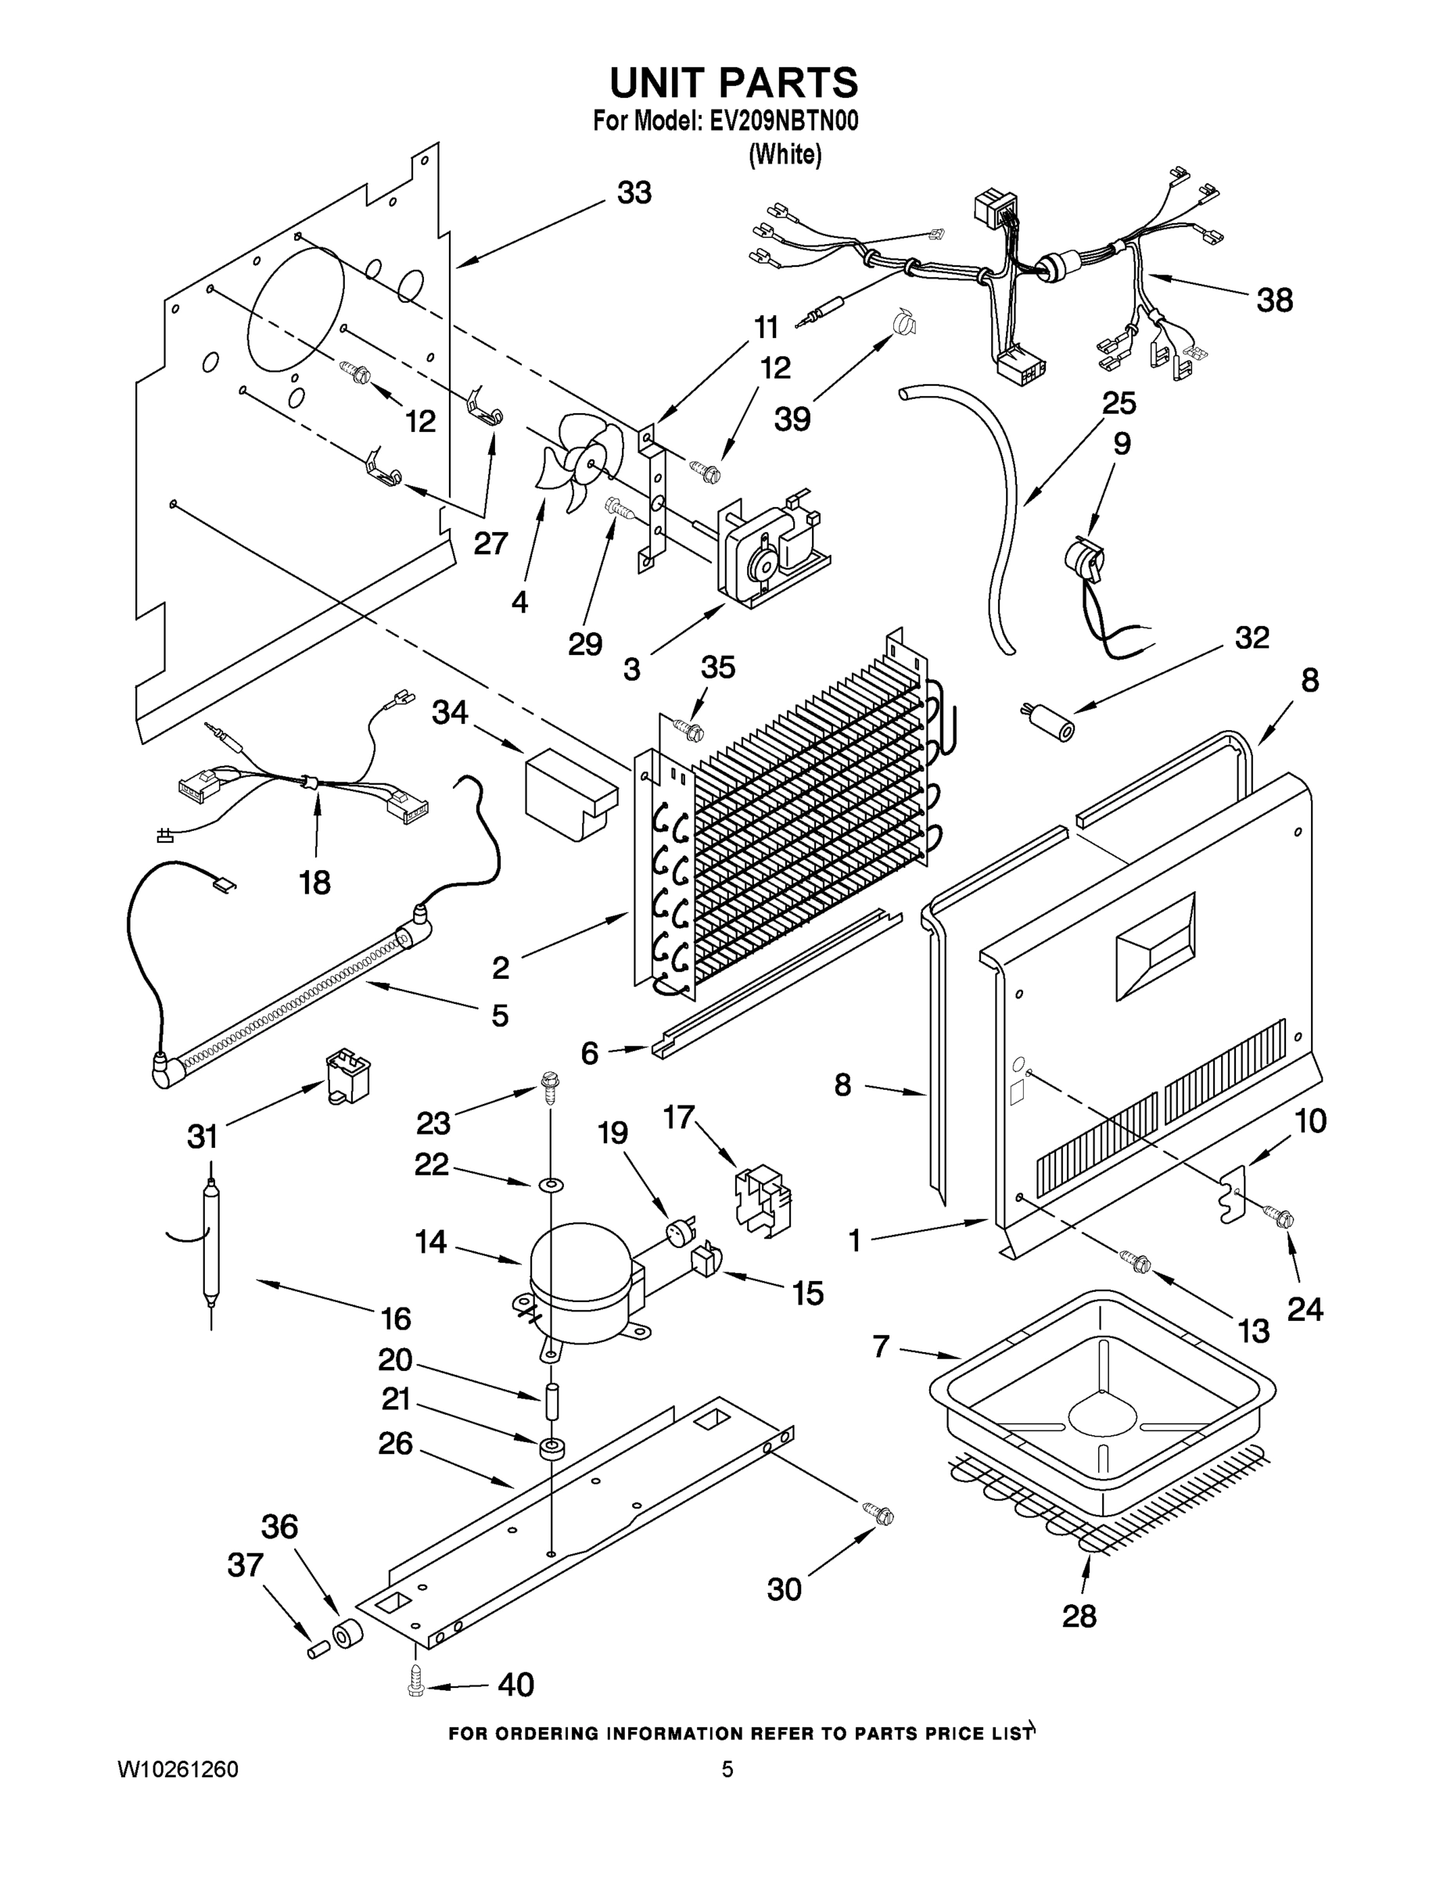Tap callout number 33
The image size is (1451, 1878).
click(x=634, y=192)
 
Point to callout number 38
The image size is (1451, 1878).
click(x=1274, y=301)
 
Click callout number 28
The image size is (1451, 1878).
click(x=1079, y=1616)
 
